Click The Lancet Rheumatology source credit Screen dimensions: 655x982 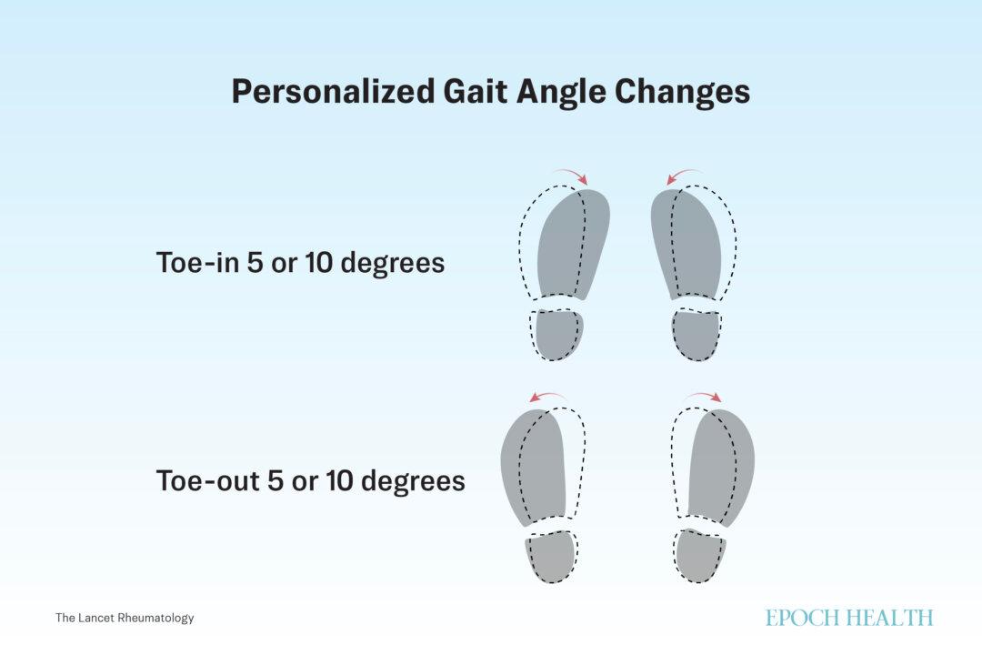click(x=125, y=618)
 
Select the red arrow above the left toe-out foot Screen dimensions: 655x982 click(x=547, y=397)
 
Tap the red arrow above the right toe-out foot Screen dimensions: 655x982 click(x=704, y=397)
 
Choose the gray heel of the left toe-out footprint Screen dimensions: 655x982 click(x=549, y=557)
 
